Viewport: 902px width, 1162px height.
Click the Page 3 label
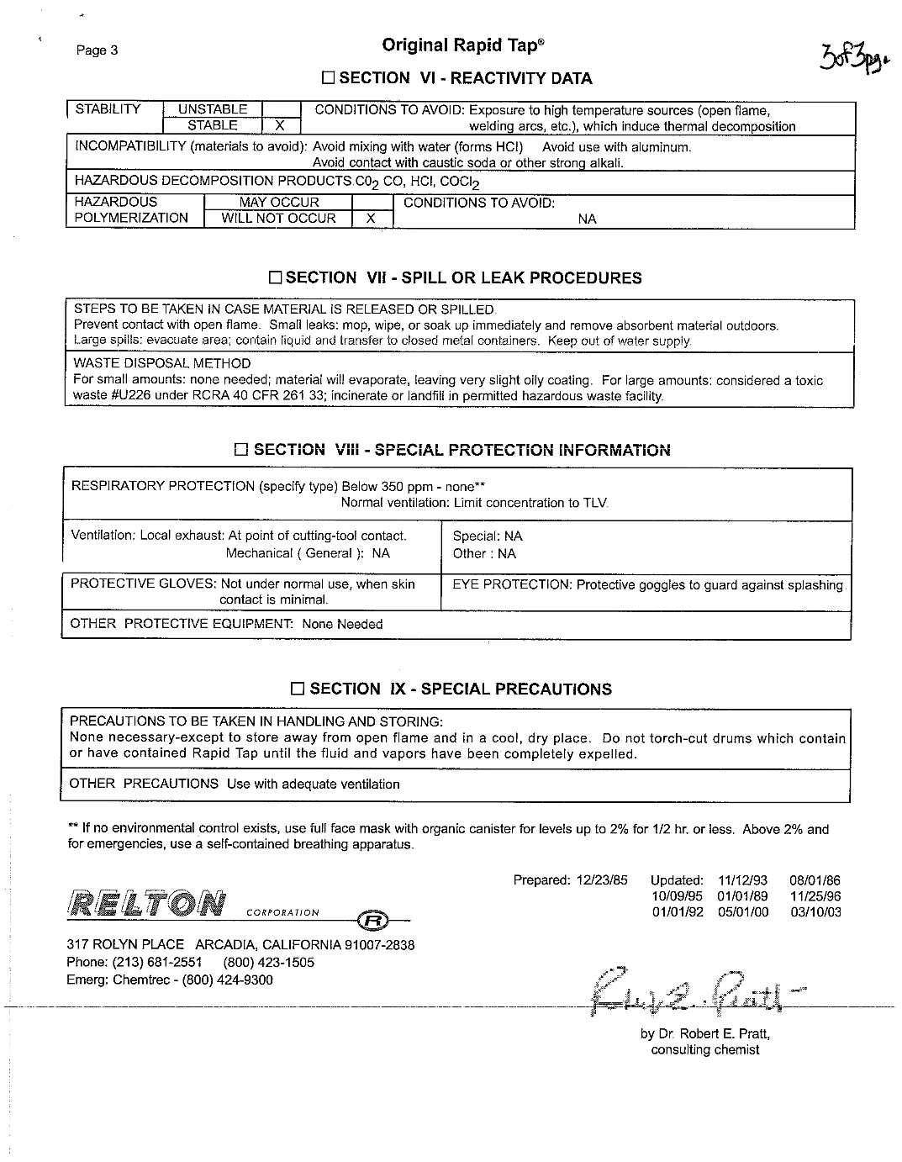(x=97, y=50)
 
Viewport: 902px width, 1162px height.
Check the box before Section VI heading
(x=329, y=79)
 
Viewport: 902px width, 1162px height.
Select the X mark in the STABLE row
(x=281, y=126)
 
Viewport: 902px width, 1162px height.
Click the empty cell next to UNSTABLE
(x=281, y=109)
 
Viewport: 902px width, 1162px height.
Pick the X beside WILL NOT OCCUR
(x=372, y=219)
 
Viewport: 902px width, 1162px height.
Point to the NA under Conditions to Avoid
(x=588, y=219)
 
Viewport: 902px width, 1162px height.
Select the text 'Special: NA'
(x=488, y=536)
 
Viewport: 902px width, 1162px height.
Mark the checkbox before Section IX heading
(x=298, y=689)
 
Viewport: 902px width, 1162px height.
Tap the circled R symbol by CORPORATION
(x=372, y=921)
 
